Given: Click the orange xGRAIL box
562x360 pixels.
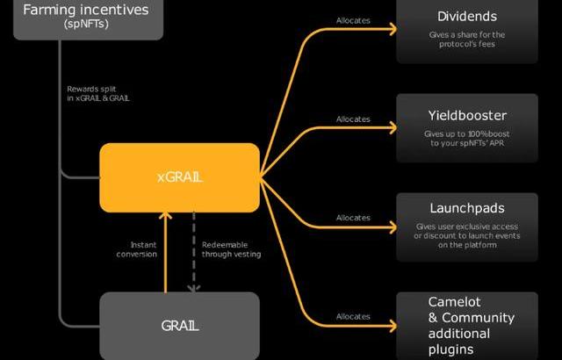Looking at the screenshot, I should pyautogui.click(x=179, y=176).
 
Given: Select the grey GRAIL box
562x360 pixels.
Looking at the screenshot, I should pyautogui.click(x=179, y=326).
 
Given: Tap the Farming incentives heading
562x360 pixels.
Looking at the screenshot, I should pyautogui.click(x=86, y=11).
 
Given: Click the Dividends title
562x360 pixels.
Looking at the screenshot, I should pyautogui.click(x=466, y=17).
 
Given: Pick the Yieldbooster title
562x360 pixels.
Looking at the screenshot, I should pyautogui.click(x=466, y=115).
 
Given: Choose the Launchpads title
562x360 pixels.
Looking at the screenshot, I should pyautogui.click(x=466, y=210).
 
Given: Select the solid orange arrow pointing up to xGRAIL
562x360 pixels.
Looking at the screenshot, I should pyautogui.click(x=164, y=250).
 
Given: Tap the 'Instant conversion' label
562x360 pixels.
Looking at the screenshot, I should pyautogui.click(x=137, y=249).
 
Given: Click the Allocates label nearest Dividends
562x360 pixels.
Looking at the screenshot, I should pyautogui.click(x=353, y=20).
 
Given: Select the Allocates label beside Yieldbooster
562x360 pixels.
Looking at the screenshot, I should pyautogui.click(x=353, y=119).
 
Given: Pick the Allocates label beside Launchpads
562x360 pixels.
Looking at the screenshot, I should pyautogui.click(x=353, y=218).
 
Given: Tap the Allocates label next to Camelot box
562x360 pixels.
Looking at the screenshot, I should pyautogui.click(x=353, y=316).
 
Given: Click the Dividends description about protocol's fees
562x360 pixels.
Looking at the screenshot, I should pyautogui.click(x=466, y=40).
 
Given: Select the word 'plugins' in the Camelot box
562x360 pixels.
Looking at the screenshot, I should pyautogui.click(x=451, y=350).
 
